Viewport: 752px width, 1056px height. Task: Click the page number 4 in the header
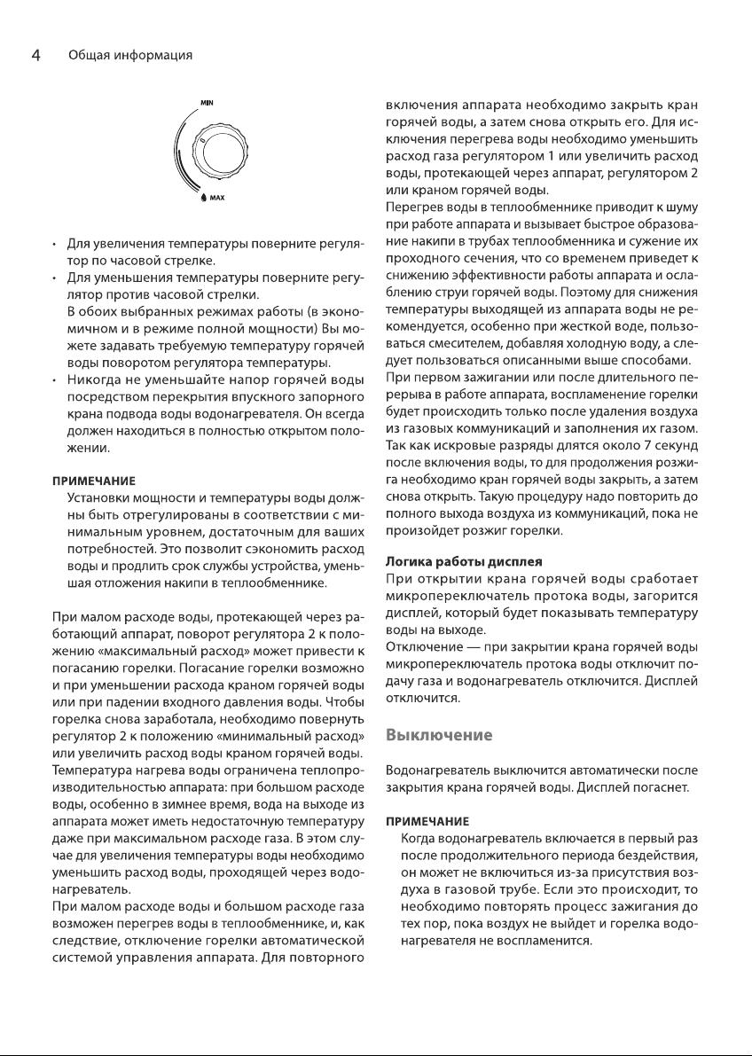coord(35,55)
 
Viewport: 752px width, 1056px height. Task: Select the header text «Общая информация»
coord(130,55)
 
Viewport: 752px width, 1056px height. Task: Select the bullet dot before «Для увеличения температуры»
coord(55,244)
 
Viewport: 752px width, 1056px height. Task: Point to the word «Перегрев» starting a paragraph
coord(412,207)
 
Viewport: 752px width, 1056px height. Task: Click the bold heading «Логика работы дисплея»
coord(464,562)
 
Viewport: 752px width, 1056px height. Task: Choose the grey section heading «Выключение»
coord(438,736)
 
